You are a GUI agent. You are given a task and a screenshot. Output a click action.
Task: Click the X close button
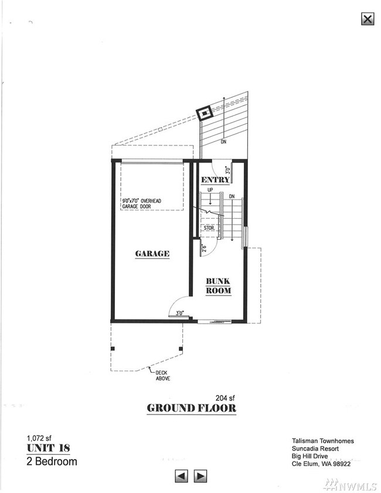pos(368,19)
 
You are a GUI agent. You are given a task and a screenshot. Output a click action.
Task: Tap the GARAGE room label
pos(152,254)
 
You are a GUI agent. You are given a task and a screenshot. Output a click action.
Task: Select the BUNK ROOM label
pos(218,286)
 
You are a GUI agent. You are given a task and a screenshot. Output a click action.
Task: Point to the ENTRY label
pos(215,179)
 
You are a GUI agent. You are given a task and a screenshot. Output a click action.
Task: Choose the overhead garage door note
pos(141,204)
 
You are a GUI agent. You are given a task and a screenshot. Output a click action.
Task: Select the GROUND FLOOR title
pos(192,408)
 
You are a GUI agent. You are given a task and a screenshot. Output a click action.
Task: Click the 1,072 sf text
pos(39,437)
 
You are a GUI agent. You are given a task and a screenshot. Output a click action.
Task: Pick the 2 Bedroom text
pos(52,461)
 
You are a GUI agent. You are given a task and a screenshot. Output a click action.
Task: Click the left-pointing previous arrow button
pos(182,475)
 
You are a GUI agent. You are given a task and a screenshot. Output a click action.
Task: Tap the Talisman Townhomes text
pos(323,441)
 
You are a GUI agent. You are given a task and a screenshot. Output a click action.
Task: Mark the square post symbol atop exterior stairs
pos(205,113)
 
